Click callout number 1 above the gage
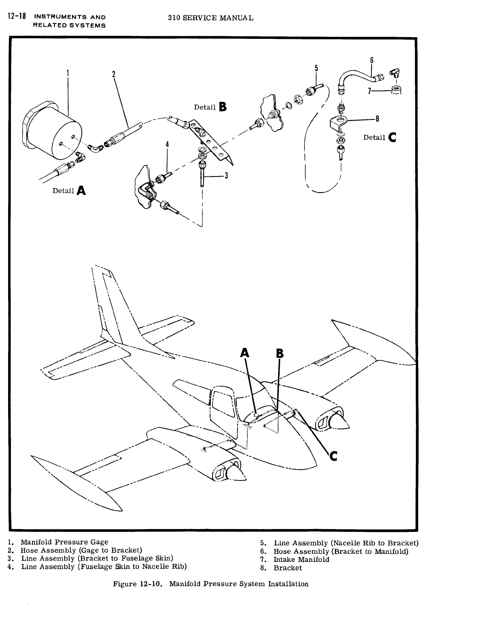[68, 73]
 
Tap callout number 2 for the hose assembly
[114, 74]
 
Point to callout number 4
[167, 145]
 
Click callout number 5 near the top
[316, 68]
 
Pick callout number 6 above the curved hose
[372, 61]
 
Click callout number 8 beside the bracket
[377, 119]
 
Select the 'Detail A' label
[69, 190]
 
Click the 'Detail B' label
[211, 107]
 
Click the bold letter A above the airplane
[245, 353]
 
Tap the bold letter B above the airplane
[279, 353]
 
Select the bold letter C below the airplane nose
[333, 456]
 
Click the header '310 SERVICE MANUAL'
[211, 18]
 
